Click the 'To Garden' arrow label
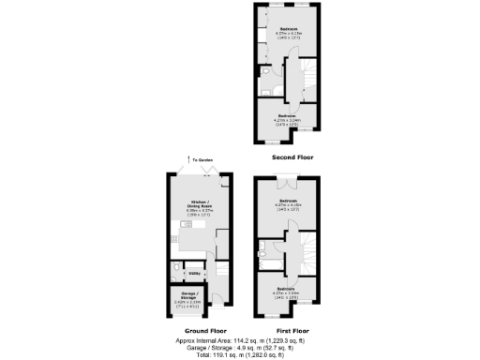pyautogui.click(x=199, y=161)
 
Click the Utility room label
pyautogui.click(x=194, y=273)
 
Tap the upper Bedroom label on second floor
pyautogui.click(x=288, y=29)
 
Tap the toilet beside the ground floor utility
pyautogui.click(x=176, y=274)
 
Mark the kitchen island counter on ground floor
pyautogui.click(x=192, y=242)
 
